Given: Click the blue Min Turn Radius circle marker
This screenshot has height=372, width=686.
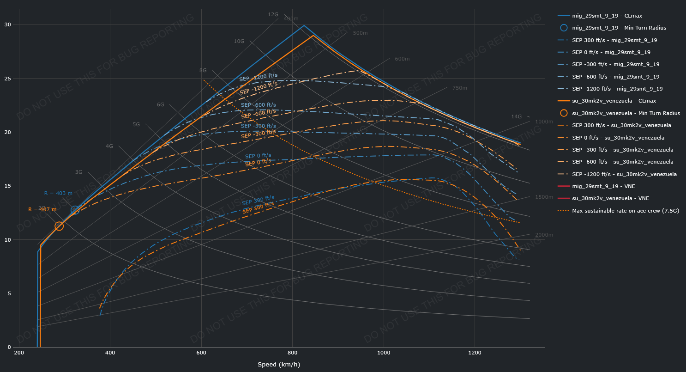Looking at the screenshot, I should tap(75, 210).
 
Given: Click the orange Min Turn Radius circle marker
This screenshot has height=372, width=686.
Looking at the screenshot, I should tap(59, 226).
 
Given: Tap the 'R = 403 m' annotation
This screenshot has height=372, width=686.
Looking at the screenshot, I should tap(58, 193).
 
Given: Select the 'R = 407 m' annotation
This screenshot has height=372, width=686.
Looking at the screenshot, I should tap(42, 209).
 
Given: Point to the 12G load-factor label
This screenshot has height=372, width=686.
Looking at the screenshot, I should tap(273, 14).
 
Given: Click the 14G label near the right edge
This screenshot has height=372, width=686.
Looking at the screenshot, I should tap(516, 116).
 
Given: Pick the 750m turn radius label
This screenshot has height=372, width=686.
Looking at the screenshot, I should tap(459, 88).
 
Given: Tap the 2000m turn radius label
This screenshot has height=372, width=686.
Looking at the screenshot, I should tap(544, 235).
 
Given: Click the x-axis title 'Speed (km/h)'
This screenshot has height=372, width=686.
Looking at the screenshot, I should tap(279, 365).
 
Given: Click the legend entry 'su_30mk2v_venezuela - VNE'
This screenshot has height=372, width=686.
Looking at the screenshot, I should tap(610, 198).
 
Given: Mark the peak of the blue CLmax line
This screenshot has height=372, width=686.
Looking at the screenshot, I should tap(303, 25).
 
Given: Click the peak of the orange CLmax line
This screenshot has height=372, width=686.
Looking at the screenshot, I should tap(313, 35).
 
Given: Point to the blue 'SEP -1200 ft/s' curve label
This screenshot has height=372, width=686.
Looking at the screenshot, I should tap(258, 77).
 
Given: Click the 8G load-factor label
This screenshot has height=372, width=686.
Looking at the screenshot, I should tap(203, 70).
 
